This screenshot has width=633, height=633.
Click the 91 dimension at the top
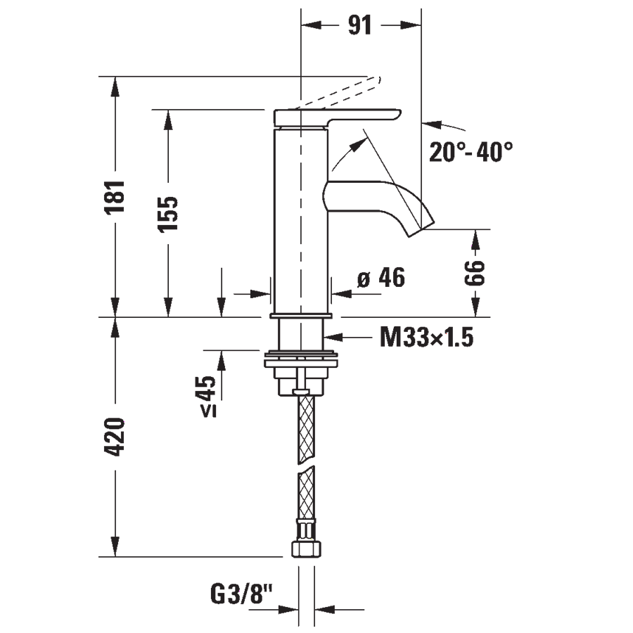(x=359, y=25)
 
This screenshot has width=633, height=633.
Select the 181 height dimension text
(x=115, y=197)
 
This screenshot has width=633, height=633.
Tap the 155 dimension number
(x=167, y=214)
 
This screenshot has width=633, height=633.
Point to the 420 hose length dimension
(x=115, y=437)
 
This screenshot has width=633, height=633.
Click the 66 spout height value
(x=475, y=274)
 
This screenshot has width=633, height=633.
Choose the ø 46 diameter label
(x=381, y=278)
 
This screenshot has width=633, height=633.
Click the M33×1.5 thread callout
(x=426, y=337)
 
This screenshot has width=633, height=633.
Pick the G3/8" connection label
(x=241, y=594)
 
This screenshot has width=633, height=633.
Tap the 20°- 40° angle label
(x=471, y=152)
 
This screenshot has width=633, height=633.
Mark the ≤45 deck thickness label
(x=208, y=396)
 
